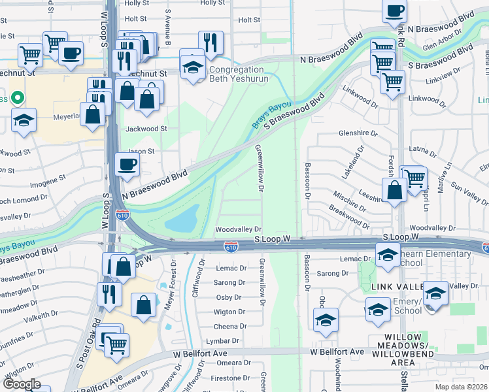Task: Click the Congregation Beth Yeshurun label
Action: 237,74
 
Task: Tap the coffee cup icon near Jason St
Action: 127,164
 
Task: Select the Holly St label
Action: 212,3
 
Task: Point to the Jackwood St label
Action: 146,129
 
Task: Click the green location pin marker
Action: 18,99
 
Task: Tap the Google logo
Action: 21,384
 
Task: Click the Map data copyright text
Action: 460,387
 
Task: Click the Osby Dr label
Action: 229,297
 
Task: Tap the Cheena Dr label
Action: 229,326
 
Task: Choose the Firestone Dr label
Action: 226,378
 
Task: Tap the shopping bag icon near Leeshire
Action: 395,191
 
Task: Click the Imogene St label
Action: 49,177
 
